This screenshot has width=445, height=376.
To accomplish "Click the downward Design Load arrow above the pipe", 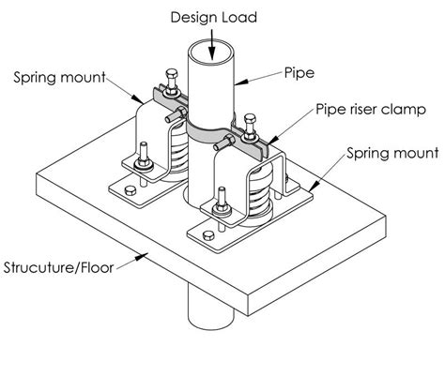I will coord(215,38).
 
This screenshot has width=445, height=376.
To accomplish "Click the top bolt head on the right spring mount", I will coord(252,119).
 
